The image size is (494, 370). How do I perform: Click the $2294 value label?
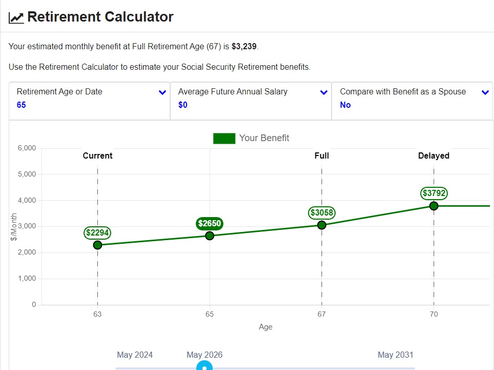[x=98, y=232]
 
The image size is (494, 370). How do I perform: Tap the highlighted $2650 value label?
[x=209, y=223]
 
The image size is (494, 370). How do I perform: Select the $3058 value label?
[x=321, y=212]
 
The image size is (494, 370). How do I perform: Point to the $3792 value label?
[x=434, y=193]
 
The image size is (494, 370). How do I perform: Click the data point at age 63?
[x=97, y=245]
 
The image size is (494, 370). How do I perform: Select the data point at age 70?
[x=434, y=206]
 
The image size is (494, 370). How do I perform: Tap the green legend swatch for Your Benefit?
[x=224, y=138]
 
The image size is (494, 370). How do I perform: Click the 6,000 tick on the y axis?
[x=26, y=148]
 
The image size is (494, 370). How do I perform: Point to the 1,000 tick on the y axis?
[x=26, y=279]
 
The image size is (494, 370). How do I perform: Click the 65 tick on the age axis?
[x=210, y=314]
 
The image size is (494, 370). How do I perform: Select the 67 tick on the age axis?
[x=321, y=314]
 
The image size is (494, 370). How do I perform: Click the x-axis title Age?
[x=265, y=327]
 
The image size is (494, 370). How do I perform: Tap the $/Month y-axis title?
[x=14, y=226]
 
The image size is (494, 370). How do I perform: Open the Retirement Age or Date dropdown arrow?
[x=162, y=93]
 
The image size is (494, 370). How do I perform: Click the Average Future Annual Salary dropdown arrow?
[x=324, y=93]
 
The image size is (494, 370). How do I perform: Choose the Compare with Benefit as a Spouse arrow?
[x=485, y=93]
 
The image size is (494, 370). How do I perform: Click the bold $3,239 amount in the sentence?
[x=244, y=46]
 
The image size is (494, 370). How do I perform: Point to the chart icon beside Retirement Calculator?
[x=16, y=17]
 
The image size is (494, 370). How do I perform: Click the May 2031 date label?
[x=395, y=355]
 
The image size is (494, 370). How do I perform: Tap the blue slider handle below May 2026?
[x=204, y=366]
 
